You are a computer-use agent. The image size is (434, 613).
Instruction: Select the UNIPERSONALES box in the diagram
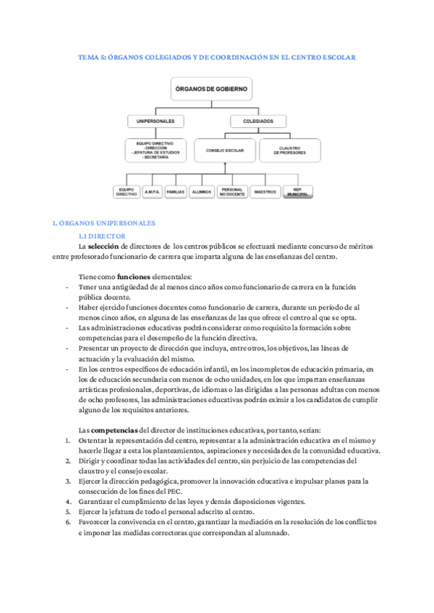coord(156,121)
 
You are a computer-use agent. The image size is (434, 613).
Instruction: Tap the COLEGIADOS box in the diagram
coord(258,121)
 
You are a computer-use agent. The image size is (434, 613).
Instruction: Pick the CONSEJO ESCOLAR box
coord(224,150)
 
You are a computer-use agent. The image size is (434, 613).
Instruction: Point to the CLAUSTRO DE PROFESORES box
coord(289,150)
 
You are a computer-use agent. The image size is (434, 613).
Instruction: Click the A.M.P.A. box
coord(152,192)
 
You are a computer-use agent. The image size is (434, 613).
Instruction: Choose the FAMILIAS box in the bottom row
coord(176,192)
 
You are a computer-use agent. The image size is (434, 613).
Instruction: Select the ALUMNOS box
coord(201,192)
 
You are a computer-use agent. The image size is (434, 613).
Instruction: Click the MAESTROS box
coord(265,192)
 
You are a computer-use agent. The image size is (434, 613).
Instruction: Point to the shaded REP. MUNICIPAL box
coord(297,193)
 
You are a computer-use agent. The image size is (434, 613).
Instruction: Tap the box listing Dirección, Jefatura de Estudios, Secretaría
coord(156,150)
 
